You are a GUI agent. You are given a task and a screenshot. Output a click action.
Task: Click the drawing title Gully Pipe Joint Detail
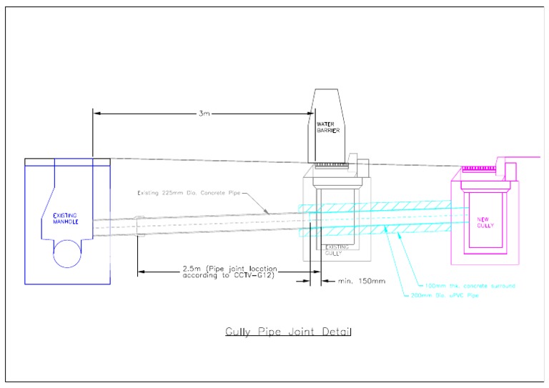pyautogui.click(x=289, y=332)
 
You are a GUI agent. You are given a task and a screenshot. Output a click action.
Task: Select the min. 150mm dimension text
pyautogui.click(x=362, y=281)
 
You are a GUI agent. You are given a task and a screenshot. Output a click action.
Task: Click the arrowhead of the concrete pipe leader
pyautogui.click(x=267, y=212)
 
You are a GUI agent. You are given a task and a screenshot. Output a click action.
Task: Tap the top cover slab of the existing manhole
pyautogui.click(x=67, y=162)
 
